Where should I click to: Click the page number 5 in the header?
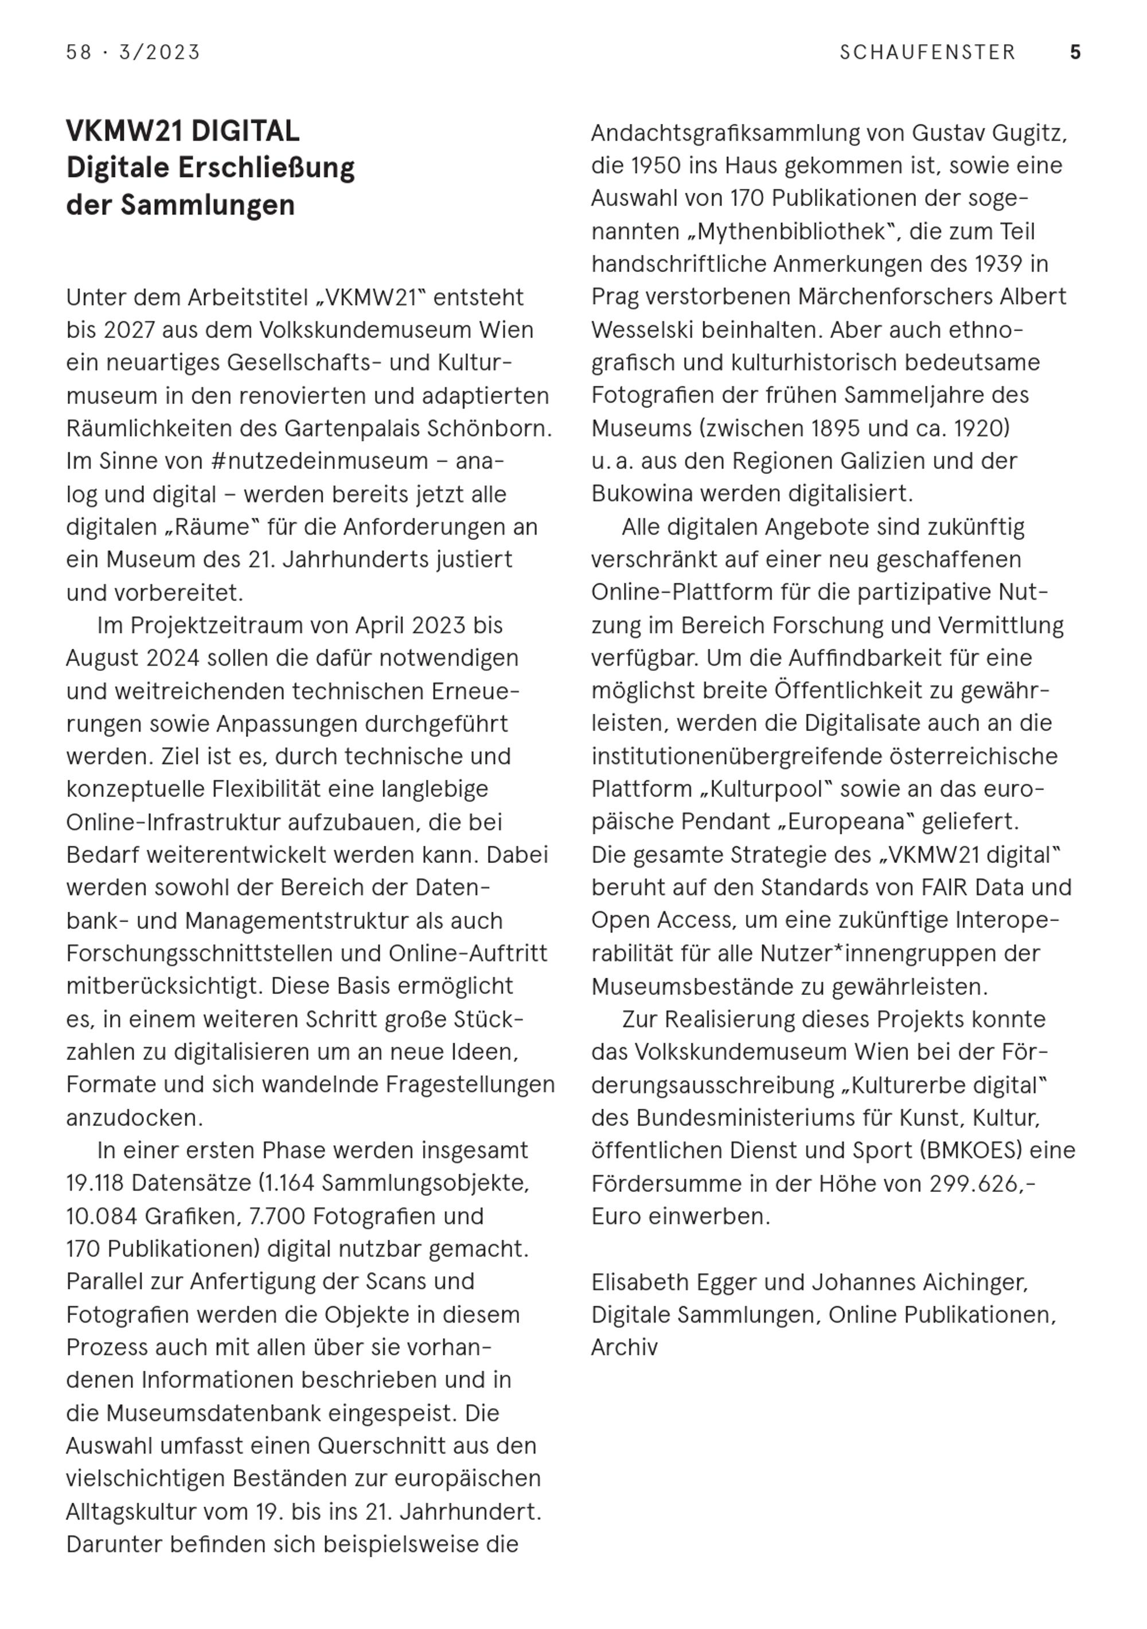(1075, 53)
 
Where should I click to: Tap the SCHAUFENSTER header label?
(928, 53)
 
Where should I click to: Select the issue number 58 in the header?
(79, 53)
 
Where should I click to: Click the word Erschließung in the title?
(266, 168)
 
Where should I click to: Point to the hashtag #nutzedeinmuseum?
(319, 461)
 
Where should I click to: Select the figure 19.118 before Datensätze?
(95, 1183)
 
